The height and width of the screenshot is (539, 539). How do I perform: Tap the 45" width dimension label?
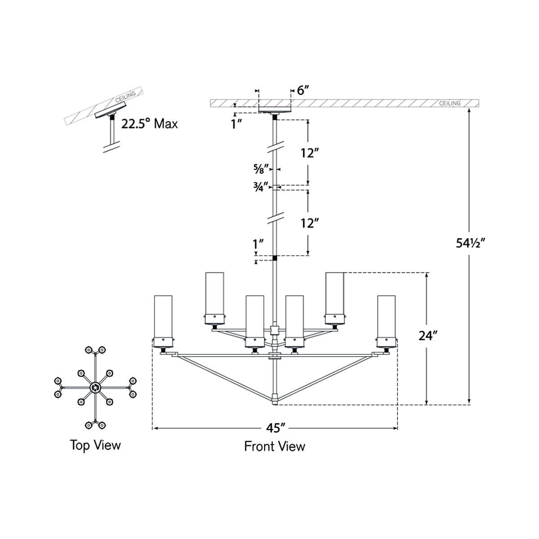coord(276,428)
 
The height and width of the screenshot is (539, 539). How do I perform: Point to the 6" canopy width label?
coord(304,90)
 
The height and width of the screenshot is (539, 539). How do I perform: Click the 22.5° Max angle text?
coord(150,124)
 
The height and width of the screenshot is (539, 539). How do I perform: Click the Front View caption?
coord(274,446)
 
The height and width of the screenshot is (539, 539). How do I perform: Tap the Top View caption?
coord(95,445)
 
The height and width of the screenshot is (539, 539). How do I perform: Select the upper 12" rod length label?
coord(310,153)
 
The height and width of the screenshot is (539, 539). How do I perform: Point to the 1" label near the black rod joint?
coord(258,244)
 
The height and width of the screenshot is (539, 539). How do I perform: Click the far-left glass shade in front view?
coord(163,317)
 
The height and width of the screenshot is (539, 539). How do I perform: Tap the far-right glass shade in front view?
coord(386,317)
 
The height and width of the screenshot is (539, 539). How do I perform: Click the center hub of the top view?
coord(95,387)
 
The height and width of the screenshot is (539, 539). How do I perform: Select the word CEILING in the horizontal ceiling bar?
coord(450,103)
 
